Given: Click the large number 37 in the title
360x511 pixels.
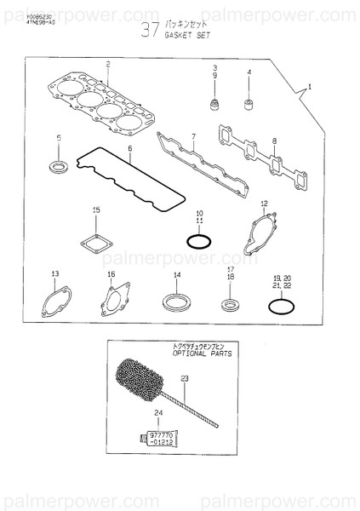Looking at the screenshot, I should point(150,32).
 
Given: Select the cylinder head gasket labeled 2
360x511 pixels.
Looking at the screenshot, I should point(106,105).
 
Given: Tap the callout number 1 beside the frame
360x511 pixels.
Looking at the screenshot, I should point(309,88).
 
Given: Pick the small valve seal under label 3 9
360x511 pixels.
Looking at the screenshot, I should point(214,107).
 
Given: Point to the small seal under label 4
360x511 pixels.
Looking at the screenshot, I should point(249,106).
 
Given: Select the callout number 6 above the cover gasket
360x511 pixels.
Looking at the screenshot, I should point(130,147).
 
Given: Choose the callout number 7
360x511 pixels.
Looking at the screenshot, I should point(193,136).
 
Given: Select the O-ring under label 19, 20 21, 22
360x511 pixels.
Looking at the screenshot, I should point(283,304).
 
